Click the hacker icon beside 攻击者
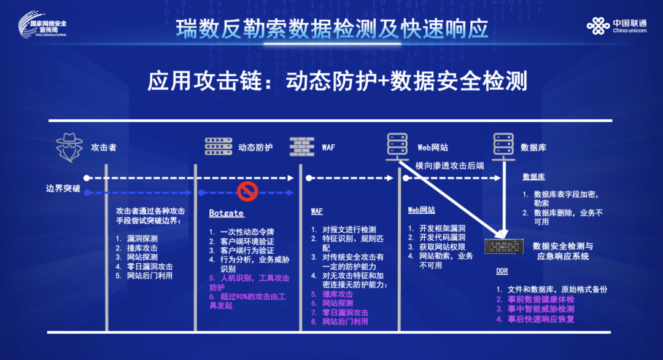(x=69, y=147)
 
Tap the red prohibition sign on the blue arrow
(x=247, y=191)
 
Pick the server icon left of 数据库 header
(x=503, y=147)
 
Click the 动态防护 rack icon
(x=219, y=147)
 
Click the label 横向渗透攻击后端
(x=449, y=165)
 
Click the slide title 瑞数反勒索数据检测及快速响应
(x=331, y=29)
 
